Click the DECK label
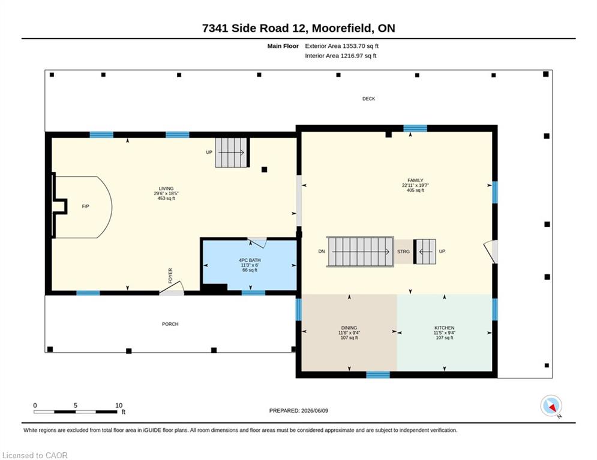pyautogui.click(x=368, y=99)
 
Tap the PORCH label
pyautogui.click(x=170, y=324)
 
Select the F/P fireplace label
pyautogui.click(x=86, y=207)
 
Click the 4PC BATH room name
pyautogui.click(x=250, y=261)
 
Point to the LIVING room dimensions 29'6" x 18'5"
pyautogui.click(x=166, y=193)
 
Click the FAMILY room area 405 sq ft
pyautogui.click(x=415, y=190)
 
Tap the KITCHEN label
pyautogui.click(x=445, y=328)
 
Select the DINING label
pyautogui.click(x=349, y=328)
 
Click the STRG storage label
pyautogui.click(x=404, y=252)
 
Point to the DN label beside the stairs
pyautogui.click(x=322, y=252)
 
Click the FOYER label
pyautogui.click(x=170, y=276)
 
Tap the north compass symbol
pyautogui.click(x=551, y=406)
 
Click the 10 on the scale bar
pyautogui.click(x=119, y=405)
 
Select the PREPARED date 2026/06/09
pyautogui.click(x=314, y=410)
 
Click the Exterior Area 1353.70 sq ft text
pyautogui.click(x=341, y=46)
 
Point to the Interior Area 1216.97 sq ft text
pyautogui.click(x=341, y=56)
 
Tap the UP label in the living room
pyautogui.click(x=209, y=153)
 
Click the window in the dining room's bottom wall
pyautogui.click(x=378, y=375)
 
